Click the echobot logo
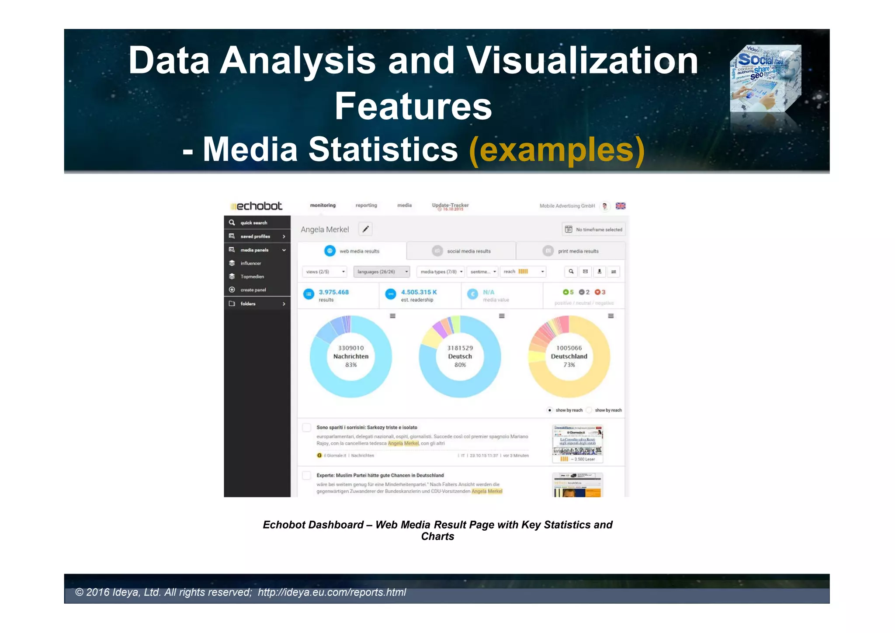[257, 206]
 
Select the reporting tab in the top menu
[366, 205]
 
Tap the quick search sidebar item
[253, 223]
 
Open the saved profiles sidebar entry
[255, 237]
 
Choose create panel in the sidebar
[253, 290]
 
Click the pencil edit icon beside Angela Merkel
[365, 229]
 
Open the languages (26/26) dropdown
[381, 272]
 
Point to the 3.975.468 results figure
[333, 292]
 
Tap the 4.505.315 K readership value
[419, 292]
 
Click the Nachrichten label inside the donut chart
[351, 357]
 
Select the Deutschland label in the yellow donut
[569, 357]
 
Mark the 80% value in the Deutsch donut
[460, 365]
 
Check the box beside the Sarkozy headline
[307, 428]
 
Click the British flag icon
[621, 206]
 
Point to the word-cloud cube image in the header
[765, 79]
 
